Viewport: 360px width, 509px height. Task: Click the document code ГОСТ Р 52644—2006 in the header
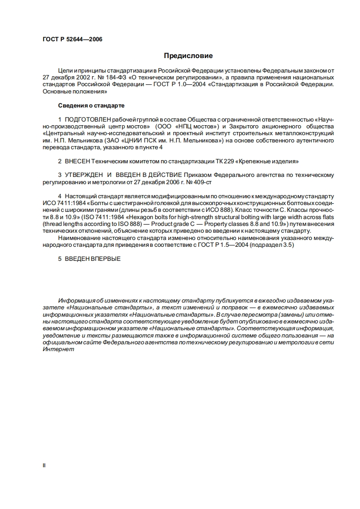coord(72,39)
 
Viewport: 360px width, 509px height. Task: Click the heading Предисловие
coord(188,56)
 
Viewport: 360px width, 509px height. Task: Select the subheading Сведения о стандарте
coord(91,105)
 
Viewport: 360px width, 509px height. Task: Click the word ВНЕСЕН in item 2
coord(77,161)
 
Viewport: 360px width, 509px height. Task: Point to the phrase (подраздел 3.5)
coord(276,245)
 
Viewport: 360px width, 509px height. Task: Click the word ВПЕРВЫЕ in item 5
coord(105,259)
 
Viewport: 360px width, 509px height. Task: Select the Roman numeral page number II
coord(44,465)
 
